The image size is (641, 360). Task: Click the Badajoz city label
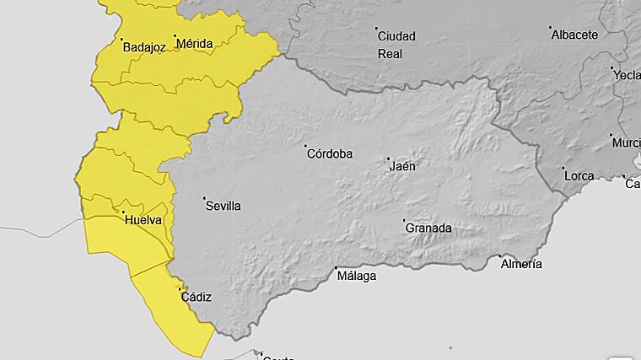pyautogui.click(x=144, y=47)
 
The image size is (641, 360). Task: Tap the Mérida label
pyautogui.click(x=194, y=43)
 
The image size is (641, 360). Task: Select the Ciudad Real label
pyautogui.click(x=396, y=44)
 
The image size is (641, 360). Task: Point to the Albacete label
pyautogui.click(x=574, y=35)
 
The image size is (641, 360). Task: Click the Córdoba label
pyautogui.click(x=330, y=153)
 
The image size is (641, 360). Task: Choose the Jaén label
pyautogui.click(x=402, y=166)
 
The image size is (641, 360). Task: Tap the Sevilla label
pyautogui.click(x=223, y=206)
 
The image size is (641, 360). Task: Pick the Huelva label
pyautogui.click(x=143, y=221)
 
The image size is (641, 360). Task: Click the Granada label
pyautogui.click(x=428, y=228)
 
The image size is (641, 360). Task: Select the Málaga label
pyautogui.click(x=356, y=275)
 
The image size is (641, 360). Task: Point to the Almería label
pyautogui.click(x=521, y=264)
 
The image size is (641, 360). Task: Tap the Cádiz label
pyautogui.click(x=196, y=297)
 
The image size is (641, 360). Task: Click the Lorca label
pyautogui.click(x=579, y=176)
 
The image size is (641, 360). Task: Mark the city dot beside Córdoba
pyautogui.click(x=306, y=146)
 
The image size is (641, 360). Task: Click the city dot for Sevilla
pyautogui.click(x=204, y=199)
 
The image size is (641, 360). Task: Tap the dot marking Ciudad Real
pyautogui.click(x=376, y=29)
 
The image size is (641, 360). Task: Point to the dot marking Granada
pyautogui.click(x=404, y=221)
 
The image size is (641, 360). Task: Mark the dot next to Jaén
pyautogui.click(x=388, y=159)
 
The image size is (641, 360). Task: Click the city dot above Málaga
pyautogui.click(x=336, y=267)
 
